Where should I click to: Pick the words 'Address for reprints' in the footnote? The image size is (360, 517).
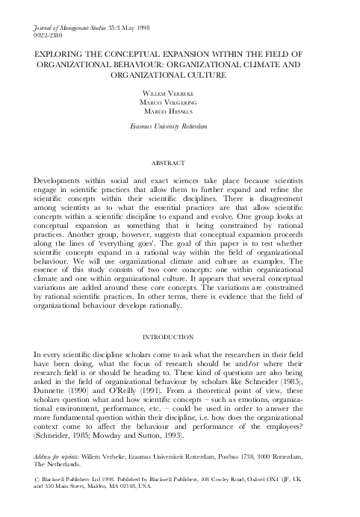60,454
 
